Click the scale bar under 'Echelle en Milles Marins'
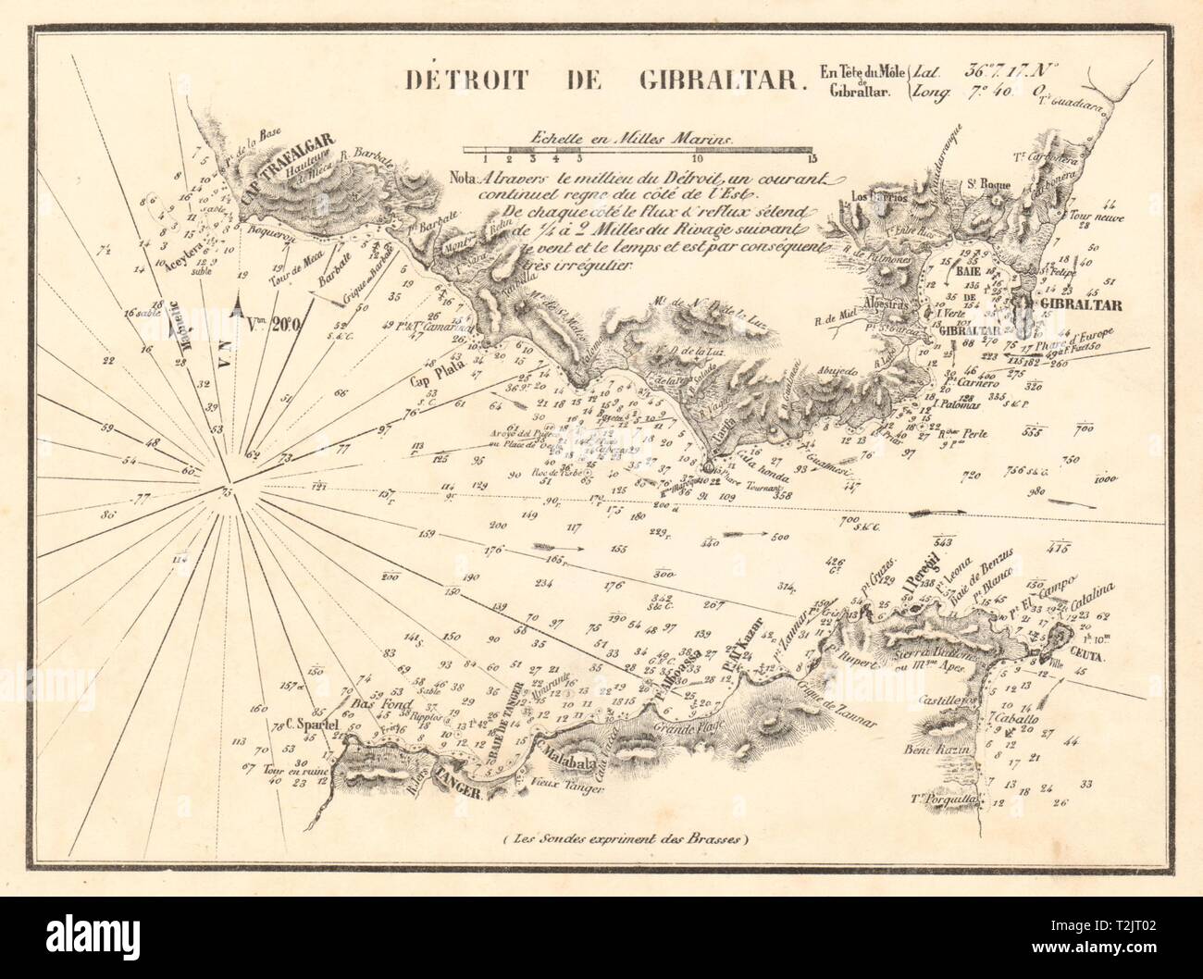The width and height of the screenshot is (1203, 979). pos(639,148)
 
